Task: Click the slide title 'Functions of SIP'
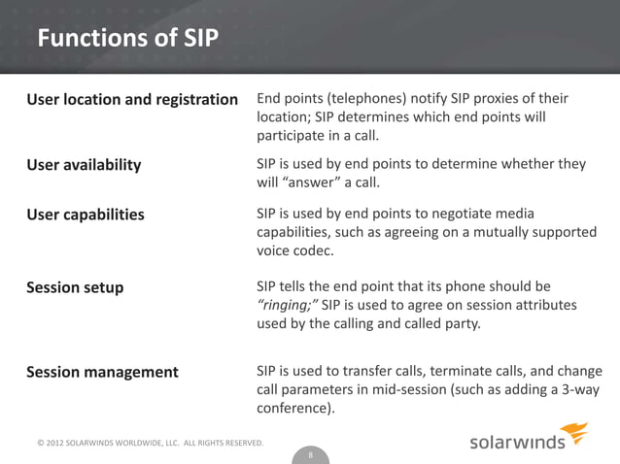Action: click(x=127, y=39)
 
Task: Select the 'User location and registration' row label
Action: click(x=132, y=100)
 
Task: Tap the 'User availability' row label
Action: click(x=84, y=164)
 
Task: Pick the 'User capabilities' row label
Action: click(x=86, y=214)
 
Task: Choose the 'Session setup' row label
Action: click(x=75, y=287)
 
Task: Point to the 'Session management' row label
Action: click(x=102, y=372)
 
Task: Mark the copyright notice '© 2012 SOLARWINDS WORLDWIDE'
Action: click(x=107, y=444)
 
